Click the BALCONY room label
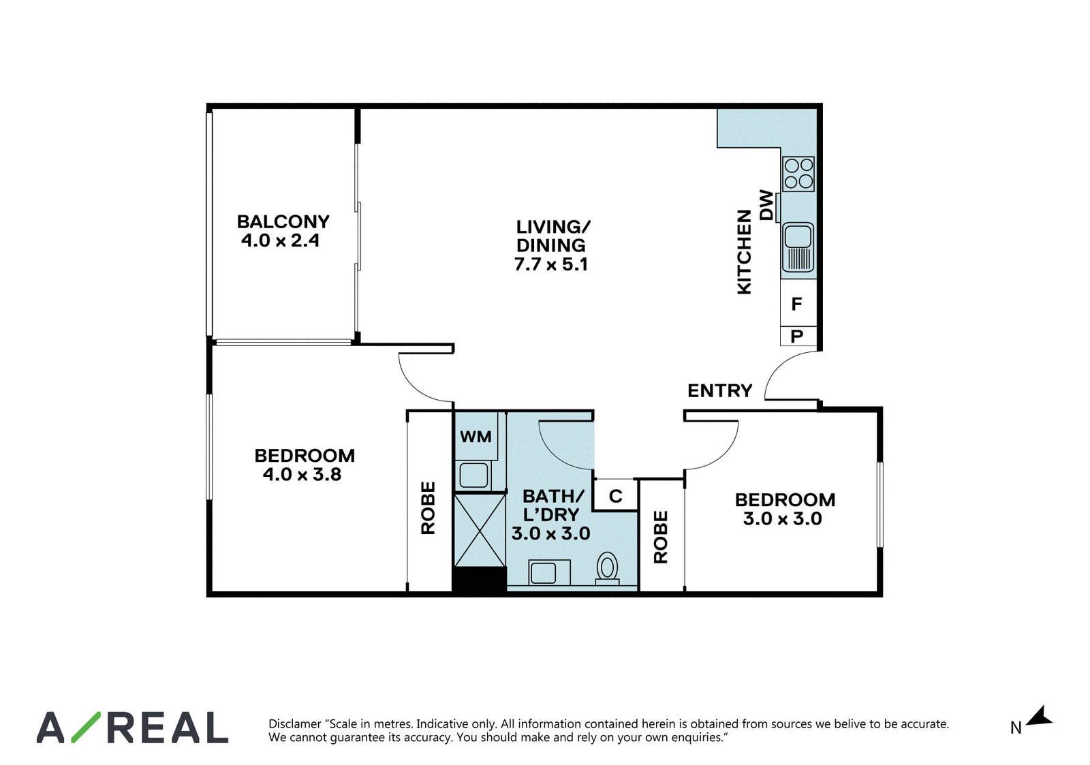point(283,222)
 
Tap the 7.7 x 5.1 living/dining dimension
point(551,264)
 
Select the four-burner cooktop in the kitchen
point(798,174)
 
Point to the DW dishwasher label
point(766,205)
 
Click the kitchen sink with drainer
point(798,247)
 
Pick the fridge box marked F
point(798,303)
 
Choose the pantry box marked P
point(798,337)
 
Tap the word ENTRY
point(719,390)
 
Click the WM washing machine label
point(476,437)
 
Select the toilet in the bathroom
point(607,568)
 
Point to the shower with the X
point(480,530)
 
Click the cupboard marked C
point(616,495)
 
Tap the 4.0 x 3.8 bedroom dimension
point(302,475)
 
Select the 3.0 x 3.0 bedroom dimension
point(783,518)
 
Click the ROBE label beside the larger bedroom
point(429,508)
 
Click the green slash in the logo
point(86,727)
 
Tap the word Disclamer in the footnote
point(294,723)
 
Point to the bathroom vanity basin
point(549,572)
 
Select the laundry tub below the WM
point(473,475)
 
